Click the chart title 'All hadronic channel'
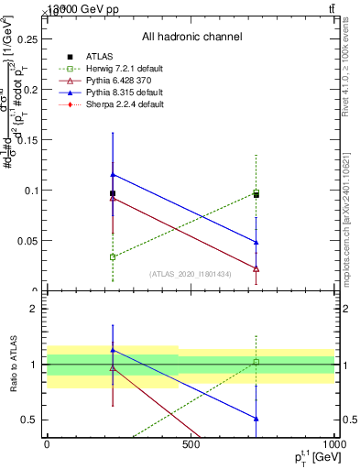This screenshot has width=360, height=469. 191,37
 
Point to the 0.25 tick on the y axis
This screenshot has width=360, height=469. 28,39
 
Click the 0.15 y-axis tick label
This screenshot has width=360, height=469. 28,140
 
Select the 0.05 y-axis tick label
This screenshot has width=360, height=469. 28,241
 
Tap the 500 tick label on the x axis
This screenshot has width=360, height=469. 191,446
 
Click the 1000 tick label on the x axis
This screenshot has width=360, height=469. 333,446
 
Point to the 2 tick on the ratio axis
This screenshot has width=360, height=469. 33,309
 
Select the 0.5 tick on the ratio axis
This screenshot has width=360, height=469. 28,420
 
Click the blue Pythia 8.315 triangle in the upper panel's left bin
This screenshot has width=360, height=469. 113,174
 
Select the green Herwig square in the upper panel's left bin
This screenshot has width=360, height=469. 113,257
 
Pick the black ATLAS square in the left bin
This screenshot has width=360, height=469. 113,193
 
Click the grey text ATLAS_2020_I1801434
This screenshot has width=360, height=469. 191,274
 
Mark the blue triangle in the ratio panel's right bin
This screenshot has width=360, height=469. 256,419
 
